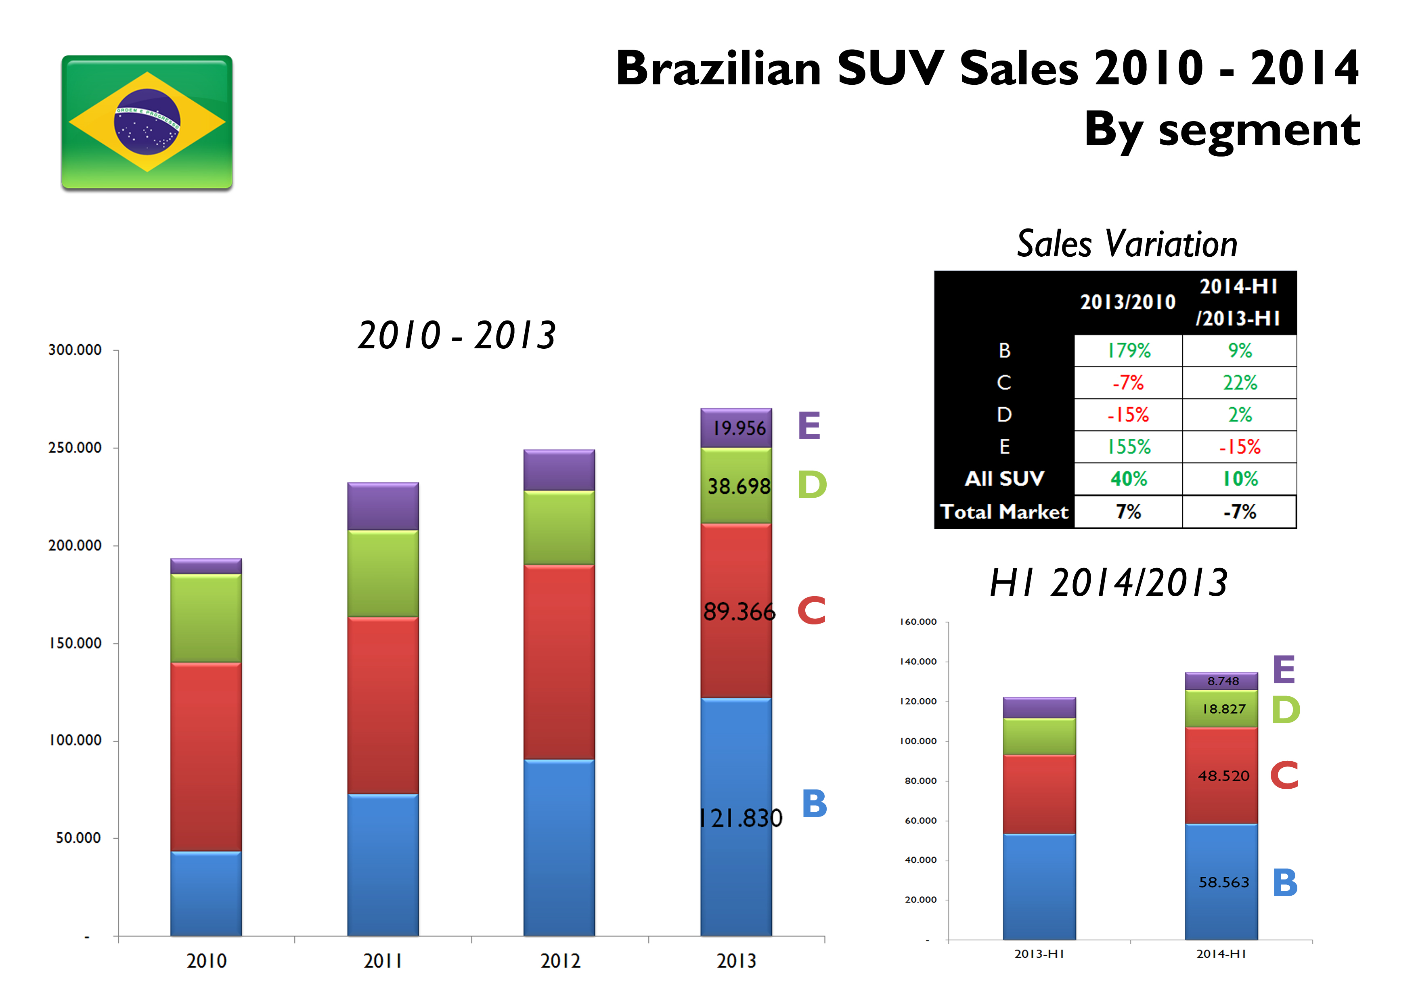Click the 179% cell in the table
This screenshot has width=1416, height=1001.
(1129, 351)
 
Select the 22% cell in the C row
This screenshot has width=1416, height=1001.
(1240, 383)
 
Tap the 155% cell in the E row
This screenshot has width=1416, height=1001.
(1129, 446)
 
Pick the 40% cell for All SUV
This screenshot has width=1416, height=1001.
(1129, 479)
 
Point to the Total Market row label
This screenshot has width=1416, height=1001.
(1004, 512)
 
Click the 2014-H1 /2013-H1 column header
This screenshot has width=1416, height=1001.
(1238, 302)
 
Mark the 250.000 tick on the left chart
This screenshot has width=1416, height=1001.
(75, 448)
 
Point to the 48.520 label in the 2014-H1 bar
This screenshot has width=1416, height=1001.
(1223, 776)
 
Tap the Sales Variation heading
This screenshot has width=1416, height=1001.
(1127, 244)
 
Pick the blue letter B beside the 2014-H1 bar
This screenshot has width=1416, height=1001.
(1285, 883)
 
